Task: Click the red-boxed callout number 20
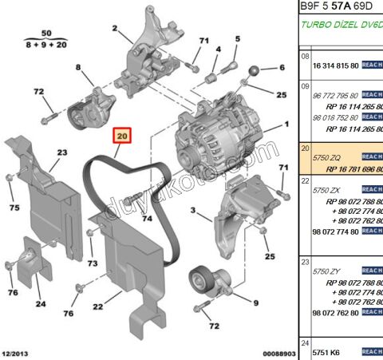(122, 136)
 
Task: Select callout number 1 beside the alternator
(286, 125)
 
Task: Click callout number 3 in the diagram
(193, 211)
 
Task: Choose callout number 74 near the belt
(145, 218)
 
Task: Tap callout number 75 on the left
(13, 208)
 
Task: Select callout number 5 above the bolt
(236, 38)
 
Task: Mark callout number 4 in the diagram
(218, 49)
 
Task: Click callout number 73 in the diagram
(92, 263)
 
